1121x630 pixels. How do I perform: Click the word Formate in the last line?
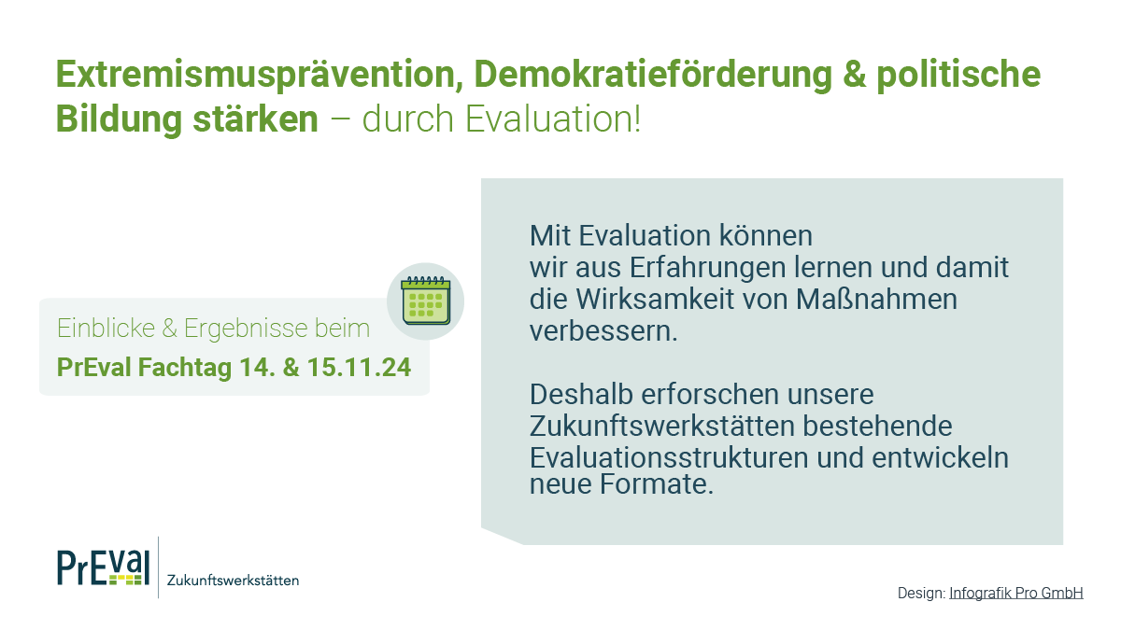[x=658, y=484]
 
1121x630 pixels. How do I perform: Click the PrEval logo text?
[x=102, y=567]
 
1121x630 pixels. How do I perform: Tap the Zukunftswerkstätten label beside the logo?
[x=233, y=581]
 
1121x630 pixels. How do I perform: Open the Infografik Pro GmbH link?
[x=1015, y=593]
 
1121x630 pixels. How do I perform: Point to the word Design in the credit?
[x=920, y=593]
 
